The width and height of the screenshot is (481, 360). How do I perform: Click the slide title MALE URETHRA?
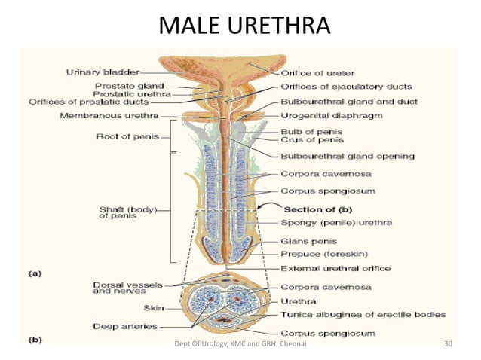pyautogui.click(x=244, y=25)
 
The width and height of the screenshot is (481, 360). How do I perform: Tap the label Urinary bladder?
pyautogui.click(x=103, y=72)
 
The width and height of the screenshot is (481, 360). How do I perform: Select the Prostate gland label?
pyautogui.click(x=129, y=86)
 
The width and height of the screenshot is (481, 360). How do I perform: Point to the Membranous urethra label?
pyautogui.click(x=109, y=116)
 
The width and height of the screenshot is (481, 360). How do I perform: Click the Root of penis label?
pyautogui.click(x=127, y=136)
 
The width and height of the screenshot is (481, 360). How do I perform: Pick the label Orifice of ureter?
pyautogui.click(x=317, y=73)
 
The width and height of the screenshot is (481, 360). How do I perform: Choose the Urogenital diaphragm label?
pyautogui.click(x=332, y=116)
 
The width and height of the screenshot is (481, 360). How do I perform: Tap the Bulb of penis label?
pyautogui.click(x=311, y=132)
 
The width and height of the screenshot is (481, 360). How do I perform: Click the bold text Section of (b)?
pyautogui.click(x=318, y=209)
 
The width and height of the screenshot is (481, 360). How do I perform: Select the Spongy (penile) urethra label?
pyautogui.click(x=336, y=223)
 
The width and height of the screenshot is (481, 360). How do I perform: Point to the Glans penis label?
pyautogui.click(x=309, y=242)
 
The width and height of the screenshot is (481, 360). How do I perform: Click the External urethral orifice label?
pyautogui.click(x=335, y=269)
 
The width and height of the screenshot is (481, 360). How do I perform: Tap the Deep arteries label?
pyautogui.click(x=125, y=327)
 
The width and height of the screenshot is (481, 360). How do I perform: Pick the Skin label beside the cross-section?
pyautogui.click(x=154, y=308)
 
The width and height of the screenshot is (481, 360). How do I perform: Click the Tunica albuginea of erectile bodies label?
pyautogui.click(x=363, y=315)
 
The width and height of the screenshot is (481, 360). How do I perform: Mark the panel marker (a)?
pyautogui.click(x=35, y=273)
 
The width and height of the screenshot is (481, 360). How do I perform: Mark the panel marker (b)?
pyautogui.click(x=35, y=340)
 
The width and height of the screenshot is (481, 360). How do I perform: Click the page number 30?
pyautogui.click(x=448, y=343)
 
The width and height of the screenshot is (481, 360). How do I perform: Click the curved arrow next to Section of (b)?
pyautogui.click(x=268, y=205)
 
